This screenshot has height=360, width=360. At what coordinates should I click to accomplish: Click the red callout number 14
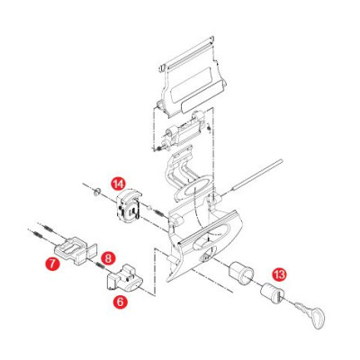(118, 184)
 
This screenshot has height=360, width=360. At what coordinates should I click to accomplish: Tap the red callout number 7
(51, 264)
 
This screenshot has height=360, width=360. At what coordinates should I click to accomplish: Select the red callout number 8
(108, 257)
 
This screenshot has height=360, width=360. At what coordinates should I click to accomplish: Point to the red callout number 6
(121, 301)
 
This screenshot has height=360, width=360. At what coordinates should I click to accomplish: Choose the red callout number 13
(279, 274)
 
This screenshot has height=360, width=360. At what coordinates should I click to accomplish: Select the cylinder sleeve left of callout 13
(241, 271)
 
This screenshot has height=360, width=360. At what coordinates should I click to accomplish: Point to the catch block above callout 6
(124, 278)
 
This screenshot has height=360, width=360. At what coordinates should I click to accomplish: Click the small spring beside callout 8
(100, 265)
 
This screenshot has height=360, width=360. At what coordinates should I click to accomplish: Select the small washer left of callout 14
(97, 192)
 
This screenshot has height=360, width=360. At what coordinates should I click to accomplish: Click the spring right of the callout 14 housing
(158, 213)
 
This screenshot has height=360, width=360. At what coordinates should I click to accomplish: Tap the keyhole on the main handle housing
(207, 257)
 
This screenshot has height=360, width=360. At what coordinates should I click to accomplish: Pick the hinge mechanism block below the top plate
(181, 133)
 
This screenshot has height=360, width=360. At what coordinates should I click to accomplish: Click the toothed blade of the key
(302, 307)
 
